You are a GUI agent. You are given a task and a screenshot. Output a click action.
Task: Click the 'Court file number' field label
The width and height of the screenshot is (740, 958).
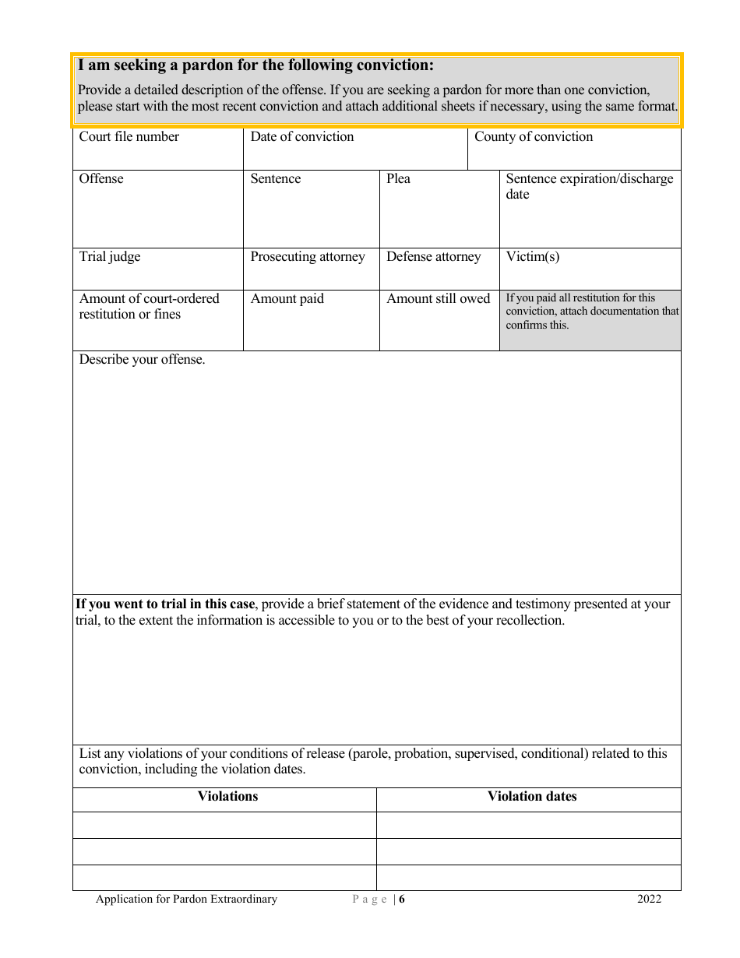[129, 137]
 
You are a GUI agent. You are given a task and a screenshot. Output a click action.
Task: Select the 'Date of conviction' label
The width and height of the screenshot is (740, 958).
[301, 137]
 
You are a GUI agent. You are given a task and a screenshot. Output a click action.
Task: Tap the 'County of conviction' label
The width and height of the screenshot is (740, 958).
[534, 137]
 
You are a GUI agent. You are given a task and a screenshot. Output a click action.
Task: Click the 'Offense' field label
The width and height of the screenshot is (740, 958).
[101, 179]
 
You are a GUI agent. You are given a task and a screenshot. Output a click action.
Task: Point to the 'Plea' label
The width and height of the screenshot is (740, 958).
[398, 179]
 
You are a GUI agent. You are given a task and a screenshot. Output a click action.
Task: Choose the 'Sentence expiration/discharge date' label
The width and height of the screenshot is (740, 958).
[589, 186]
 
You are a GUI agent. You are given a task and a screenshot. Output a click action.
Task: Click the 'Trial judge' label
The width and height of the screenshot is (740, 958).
[110, 257]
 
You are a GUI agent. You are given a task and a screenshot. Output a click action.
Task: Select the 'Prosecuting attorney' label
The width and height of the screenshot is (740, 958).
[307, 257]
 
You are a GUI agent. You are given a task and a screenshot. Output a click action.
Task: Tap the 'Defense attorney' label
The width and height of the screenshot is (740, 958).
[433, 257]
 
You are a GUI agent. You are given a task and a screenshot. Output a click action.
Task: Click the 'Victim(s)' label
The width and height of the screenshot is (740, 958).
[533, 257]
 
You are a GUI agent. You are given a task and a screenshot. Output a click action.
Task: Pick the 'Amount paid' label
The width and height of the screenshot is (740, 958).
[287, 299]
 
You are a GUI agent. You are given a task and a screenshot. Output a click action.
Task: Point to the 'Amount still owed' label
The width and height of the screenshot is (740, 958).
[438, 299]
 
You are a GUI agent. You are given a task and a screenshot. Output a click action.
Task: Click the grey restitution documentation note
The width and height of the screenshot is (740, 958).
[590, 312]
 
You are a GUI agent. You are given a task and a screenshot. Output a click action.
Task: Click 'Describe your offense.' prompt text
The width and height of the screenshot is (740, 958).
[142, 360]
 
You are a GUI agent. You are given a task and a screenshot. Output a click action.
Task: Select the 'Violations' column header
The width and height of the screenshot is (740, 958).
[227, 796]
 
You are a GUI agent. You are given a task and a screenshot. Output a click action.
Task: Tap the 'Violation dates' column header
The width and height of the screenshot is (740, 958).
[532, 796]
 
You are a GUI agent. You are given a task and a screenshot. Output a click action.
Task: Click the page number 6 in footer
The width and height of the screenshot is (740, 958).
[403, 900]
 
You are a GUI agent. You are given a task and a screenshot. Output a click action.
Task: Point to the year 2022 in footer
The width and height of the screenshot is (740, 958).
[649, 900]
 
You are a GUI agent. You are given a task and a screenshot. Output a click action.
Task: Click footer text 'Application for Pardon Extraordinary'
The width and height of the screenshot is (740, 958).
[186, 900]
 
